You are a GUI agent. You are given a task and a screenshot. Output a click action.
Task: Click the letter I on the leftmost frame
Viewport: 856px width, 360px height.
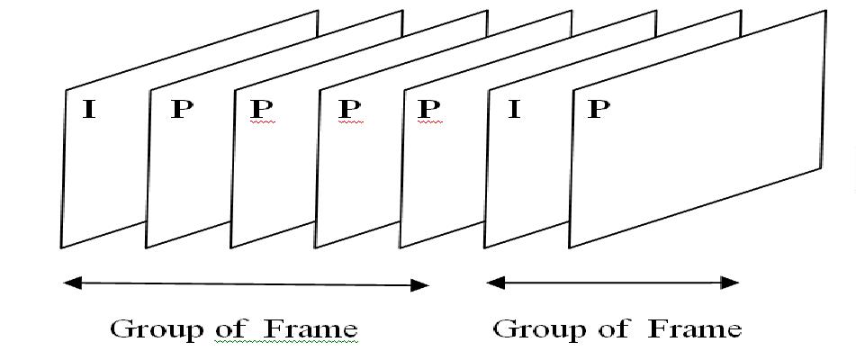tap(89, 111)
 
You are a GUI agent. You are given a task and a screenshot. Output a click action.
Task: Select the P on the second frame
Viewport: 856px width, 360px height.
tap(182, 111)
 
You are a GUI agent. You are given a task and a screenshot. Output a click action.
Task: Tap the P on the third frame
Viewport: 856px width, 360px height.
tap(262, 110)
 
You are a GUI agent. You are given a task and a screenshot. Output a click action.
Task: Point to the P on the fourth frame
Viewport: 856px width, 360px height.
tap(349, 110)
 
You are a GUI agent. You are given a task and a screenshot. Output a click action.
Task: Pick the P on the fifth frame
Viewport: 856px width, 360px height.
tap(430, 110)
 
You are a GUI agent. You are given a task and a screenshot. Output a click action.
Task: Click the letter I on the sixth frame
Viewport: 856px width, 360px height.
tap(514, 111)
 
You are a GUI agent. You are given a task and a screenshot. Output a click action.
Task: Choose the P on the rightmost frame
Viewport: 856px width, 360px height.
tap(599, 110)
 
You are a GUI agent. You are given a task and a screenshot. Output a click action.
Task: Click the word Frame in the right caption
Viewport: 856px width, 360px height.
tap(695, 328)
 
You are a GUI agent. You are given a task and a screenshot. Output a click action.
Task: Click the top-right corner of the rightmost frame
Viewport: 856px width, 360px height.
tap(825, 11)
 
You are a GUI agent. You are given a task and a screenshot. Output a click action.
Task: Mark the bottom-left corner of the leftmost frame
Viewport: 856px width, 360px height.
tap(61, 247)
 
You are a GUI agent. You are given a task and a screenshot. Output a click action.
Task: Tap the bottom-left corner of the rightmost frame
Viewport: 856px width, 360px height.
tap(569, 247)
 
